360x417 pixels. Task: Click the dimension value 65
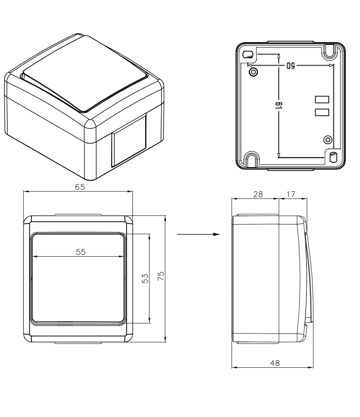click(x=80, y=187)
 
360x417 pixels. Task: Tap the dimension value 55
click(x=81, y=252)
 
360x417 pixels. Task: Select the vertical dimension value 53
click(x=145, y=279)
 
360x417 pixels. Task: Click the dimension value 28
click(x=258, y=194)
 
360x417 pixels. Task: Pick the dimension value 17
click(x=291, y=194)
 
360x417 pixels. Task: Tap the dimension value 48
click(x=275, y=363)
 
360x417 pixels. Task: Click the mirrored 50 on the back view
click(x=291, y=65)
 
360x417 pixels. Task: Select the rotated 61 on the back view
click(x=278, y=105)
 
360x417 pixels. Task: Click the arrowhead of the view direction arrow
click(x=216, y=234)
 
